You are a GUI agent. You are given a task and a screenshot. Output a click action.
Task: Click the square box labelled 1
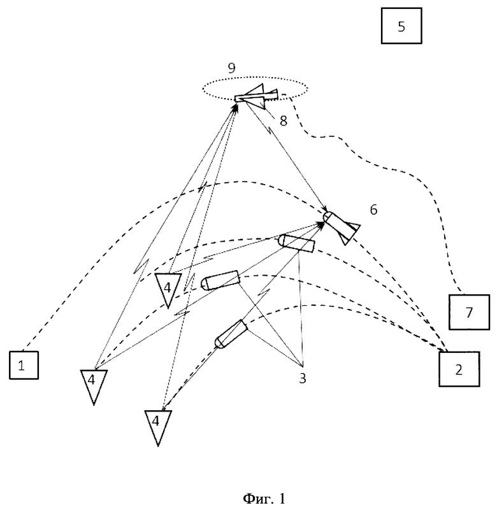[x=24, y=365]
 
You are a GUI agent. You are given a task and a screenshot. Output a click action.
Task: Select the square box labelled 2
[x=459, y=369]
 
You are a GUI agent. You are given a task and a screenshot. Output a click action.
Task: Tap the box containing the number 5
[x=401, y=25]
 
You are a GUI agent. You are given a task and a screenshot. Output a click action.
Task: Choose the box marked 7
[x=469, y=312]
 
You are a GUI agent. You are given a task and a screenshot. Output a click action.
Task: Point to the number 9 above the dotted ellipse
[x=232, y=68]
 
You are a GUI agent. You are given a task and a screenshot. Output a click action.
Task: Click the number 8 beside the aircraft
[x=284, y=121]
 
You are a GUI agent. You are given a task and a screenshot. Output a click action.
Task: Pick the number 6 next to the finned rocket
[x=373, y=210]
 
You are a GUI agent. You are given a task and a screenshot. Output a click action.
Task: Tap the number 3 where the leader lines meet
[x=302, y=378]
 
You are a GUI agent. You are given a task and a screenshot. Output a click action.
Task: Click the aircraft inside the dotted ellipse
[x=256, y=96]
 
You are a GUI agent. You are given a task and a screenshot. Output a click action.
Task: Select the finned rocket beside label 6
[x=341, y=227]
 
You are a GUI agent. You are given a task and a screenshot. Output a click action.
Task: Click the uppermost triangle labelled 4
[x=168, y=289]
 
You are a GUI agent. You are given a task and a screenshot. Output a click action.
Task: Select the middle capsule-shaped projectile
[x=220, y=280]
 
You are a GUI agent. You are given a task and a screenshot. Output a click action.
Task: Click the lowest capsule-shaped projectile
[x=231, y=334]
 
